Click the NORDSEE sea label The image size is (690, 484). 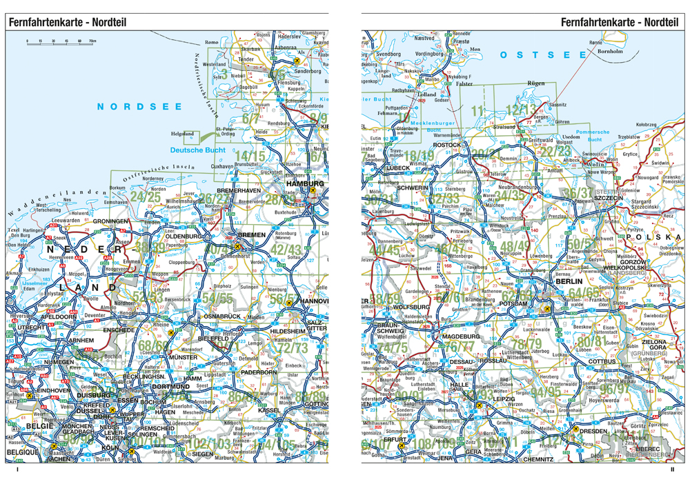139,106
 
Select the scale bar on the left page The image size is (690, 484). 61,43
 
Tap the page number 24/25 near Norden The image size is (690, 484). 145,197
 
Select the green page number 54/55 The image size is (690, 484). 217,299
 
